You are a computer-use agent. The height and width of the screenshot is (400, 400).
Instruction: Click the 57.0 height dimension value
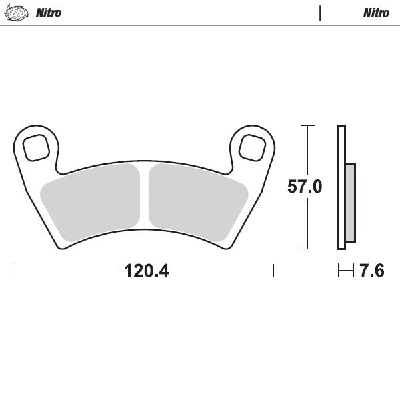[x=305, y=187]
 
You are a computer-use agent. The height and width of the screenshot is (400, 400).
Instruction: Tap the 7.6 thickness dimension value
[x=371, y=271]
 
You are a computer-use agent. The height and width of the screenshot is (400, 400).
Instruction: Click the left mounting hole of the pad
[x=35, y=145]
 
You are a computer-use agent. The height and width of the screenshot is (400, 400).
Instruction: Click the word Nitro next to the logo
[x=48, y=13]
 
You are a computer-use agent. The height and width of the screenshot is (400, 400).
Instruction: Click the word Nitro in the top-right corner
[x=376, y=13]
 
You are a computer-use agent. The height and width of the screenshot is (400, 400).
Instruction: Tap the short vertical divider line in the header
[x=320, y=13]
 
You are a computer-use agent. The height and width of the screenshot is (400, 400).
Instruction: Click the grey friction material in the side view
[x=351, y=203]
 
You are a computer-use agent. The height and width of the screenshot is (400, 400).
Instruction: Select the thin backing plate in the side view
[x=341, y=187]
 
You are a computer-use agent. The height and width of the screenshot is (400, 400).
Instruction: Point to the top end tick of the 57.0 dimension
[x=307, y=125]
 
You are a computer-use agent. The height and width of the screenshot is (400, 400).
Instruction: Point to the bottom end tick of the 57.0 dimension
[x=307, y=249]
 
